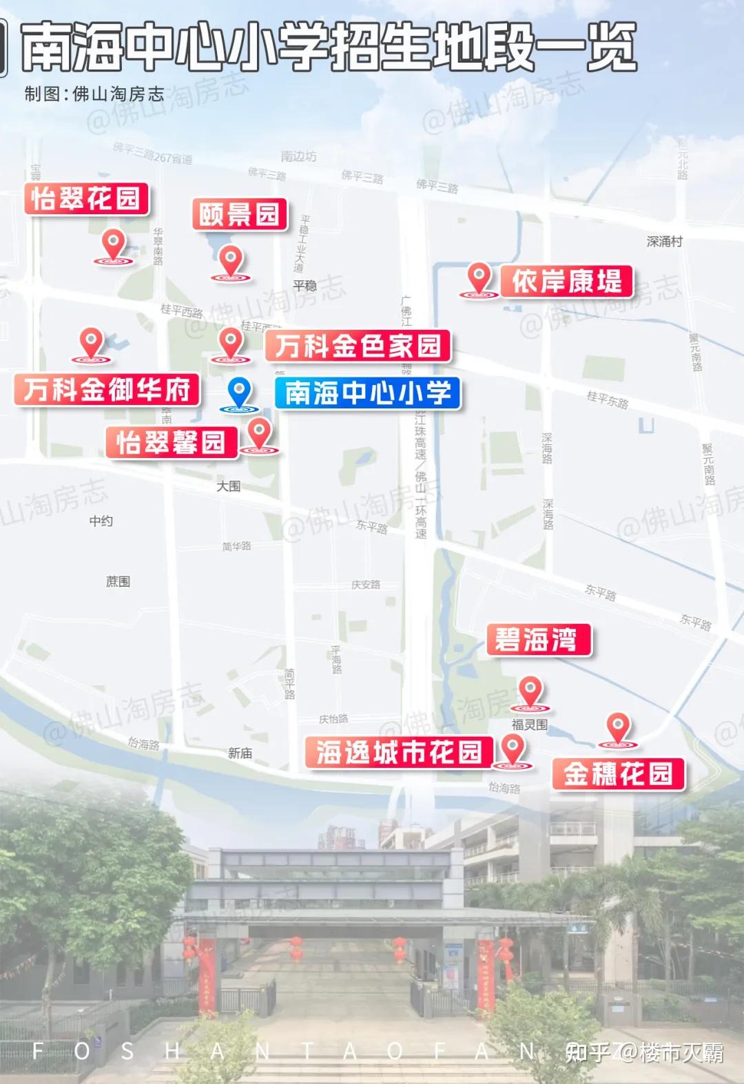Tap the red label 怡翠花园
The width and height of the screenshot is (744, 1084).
tap(86, 199)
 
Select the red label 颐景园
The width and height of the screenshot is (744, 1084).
tap(239, 215)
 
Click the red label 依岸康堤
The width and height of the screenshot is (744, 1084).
tap(566, 282)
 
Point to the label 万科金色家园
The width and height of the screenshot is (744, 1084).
tap(358, 346)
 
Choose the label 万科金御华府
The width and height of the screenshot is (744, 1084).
tap(107, 390)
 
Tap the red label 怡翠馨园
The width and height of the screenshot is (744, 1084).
tap(171, 442)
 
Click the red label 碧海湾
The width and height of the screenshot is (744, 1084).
tap(539, 640)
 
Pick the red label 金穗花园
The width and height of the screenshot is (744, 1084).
tap(618, 774)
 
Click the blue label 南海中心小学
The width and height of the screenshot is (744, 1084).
tap(367, 393)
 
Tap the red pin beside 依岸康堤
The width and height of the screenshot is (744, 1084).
tap(478, 280)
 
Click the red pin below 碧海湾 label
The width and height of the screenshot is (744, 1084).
tap(530, 692)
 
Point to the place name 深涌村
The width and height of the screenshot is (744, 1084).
tap(664, 242)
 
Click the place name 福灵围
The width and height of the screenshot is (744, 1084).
tap(529, 725)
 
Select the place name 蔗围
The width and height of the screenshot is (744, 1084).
tap(118, 582)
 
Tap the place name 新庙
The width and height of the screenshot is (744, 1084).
tap(240, 753)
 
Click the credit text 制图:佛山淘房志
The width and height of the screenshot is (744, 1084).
tap(94, 94)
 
